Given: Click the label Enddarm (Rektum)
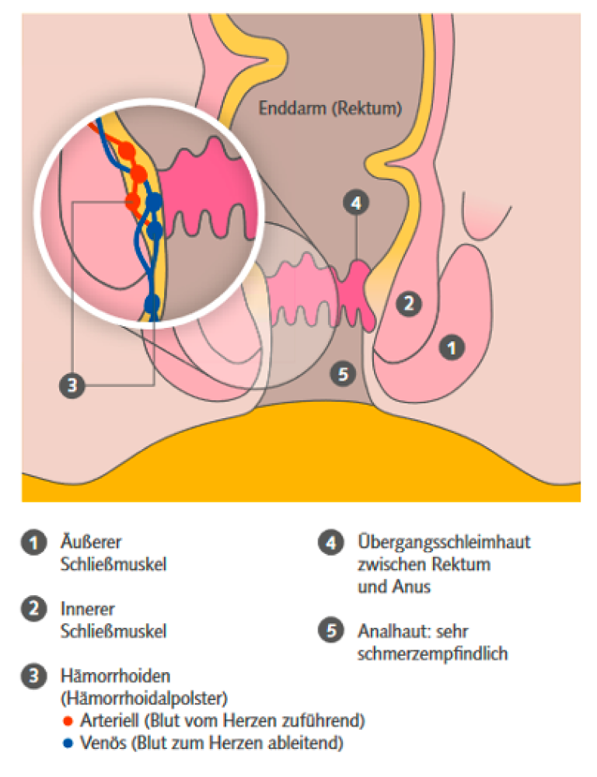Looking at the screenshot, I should click(x=330, y=108).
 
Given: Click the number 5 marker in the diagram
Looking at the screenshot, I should click(x=342, y=375).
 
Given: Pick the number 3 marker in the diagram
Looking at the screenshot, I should click(x=72, y=385).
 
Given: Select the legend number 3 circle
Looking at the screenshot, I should click(x=33, y=676).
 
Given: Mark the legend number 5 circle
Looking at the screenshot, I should click(x=330, y=632).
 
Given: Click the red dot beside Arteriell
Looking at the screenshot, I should click(x=68, y=720).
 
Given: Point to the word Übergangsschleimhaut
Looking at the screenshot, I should click(x=444, y=542).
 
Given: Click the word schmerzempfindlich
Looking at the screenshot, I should click(x=432, y=653).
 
